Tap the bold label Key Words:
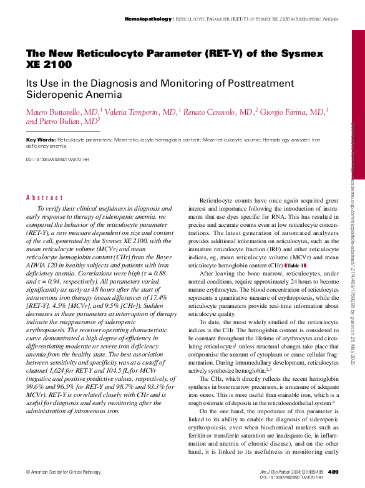[x=41, y=140]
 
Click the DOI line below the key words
[x=57, y=160]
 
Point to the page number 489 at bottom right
[x=333, y=471]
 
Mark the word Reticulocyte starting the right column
[x=216, y=199]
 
